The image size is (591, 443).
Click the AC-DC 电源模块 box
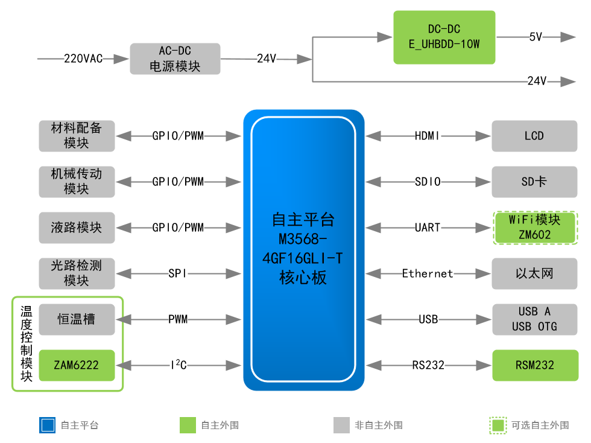coord(175,59)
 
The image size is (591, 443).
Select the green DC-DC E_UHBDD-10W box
coord(444,37)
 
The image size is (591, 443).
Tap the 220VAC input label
coord(83,59)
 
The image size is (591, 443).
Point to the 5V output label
coord(536,37)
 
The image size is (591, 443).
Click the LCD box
coord(534,136)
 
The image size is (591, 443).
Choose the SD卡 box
coord(534,182)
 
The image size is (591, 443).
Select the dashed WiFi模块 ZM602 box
coord(534,228)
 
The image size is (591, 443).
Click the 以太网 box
coord(534,273)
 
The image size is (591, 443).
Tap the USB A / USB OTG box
coord(534,319)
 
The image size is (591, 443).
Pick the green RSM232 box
coord(534,365)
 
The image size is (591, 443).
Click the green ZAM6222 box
coord(77,365)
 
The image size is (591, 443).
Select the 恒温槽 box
coord(77,319)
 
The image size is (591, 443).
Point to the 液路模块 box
coord(77,228)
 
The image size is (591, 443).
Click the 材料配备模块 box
coord(77,136)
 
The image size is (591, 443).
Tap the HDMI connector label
coord(428,136)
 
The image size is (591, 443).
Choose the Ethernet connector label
coord(428,273)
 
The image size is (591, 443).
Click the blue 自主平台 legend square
coord(47,425)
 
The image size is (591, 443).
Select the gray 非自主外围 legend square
coord(341,425)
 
